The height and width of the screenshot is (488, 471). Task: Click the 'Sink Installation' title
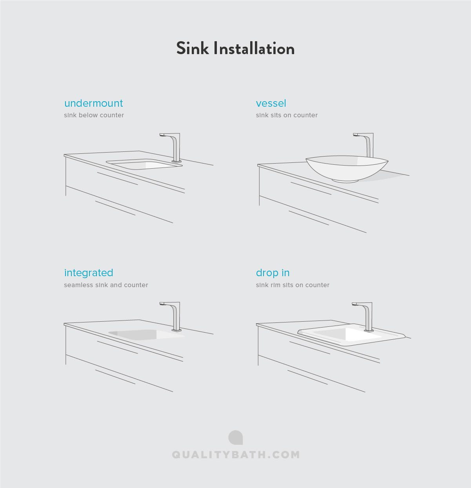tap(235, 49)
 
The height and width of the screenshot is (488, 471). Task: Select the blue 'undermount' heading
tap(93, 103)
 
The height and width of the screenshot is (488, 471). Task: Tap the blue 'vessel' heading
tap(271, 103)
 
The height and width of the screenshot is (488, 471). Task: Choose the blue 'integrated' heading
tap(89, 273)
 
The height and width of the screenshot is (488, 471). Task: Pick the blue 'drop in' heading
tap(273, 273)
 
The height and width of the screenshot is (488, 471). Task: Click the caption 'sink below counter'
tap(94, 115)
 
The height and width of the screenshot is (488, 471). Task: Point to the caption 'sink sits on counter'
tap(287, 115)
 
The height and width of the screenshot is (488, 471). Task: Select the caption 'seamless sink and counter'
tap(106, 285)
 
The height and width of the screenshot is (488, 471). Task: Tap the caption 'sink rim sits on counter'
tap(293, 285)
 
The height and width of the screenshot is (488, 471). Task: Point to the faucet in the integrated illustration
tap(175, 316)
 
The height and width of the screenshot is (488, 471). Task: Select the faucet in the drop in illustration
tap(367, 316)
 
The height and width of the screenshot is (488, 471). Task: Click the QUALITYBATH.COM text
tap(236, 455)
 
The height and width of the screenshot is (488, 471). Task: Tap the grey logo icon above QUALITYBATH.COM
tap(236, 438)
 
